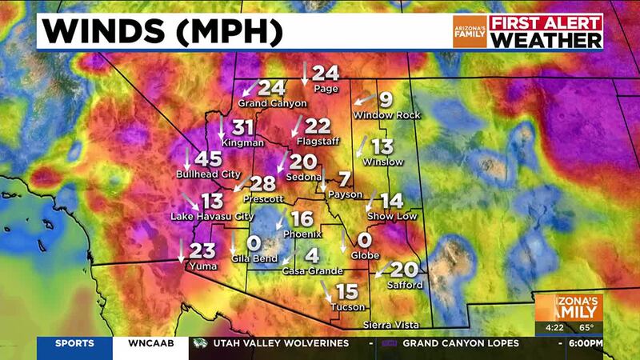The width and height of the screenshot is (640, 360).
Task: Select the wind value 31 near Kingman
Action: pyautogui.click(x=243, y=126)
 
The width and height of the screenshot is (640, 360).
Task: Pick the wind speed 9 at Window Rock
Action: pyautogui.click(x=385, y=100)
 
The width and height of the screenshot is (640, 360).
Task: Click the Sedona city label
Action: pyautogui.click(x=305, y=176)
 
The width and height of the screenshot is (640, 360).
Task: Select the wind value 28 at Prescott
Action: pyautogui.click(x=263, y=182)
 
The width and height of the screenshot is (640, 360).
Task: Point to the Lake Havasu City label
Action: pyautogui.click(x=212, y=217)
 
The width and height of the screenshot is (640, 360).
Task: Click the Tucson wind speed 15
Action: pyautogui.click(x=346, y=291)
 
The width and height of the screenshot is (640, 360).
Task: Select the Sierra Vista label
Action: pyautogui.click(x=390, y=324)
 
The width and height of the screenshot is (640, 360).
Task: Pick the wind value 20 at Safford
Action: pyautogui.click(x=405, y=270)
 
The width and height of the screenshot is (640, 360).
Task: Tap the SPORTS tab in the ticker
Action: pyautogui.click(x=74, y=343)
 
